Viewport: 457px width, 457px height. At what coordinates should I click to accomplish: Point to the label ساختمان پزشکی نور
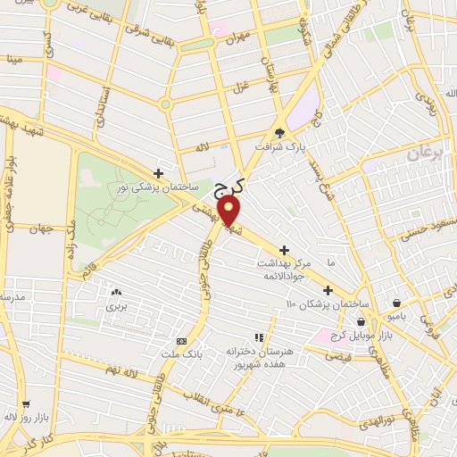(147, 187)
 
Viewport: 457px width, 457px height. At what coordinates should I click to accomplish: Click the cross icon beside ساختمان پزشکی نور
(158, 173)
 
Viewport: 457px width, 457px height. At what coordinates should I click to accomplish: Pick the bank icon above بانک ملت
(182, 341)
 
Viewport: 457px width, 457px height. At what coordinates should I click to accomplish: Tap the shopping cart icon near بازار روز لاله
(25, 403)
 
